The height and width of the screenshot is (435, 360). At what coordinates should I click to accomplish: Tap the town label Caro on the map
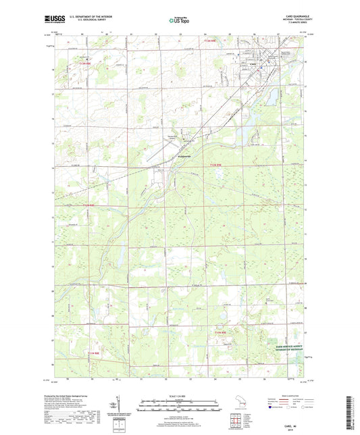[253, 65]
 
